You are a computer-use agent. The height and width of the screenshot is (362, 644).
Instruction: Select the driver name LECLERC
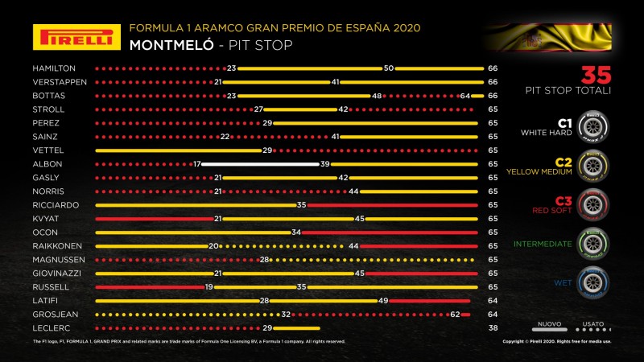coord(50,328)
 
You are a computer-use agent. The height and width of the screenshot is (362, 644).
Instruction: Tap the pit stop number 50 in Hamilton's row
coord(388,68)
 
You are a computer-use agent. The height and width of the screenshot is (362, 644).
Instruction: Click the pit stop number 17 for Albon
coord(196,164)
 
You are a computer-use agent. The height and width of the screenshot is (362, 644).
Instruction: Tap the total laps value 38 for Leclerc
coord(492,328)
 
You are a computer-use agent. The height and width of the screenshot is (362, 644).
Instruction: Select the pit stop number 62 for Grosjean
coord(455,315)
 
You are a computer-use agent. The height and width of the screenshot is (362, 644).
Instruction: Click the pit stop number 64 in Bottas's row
coord(464,96)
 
